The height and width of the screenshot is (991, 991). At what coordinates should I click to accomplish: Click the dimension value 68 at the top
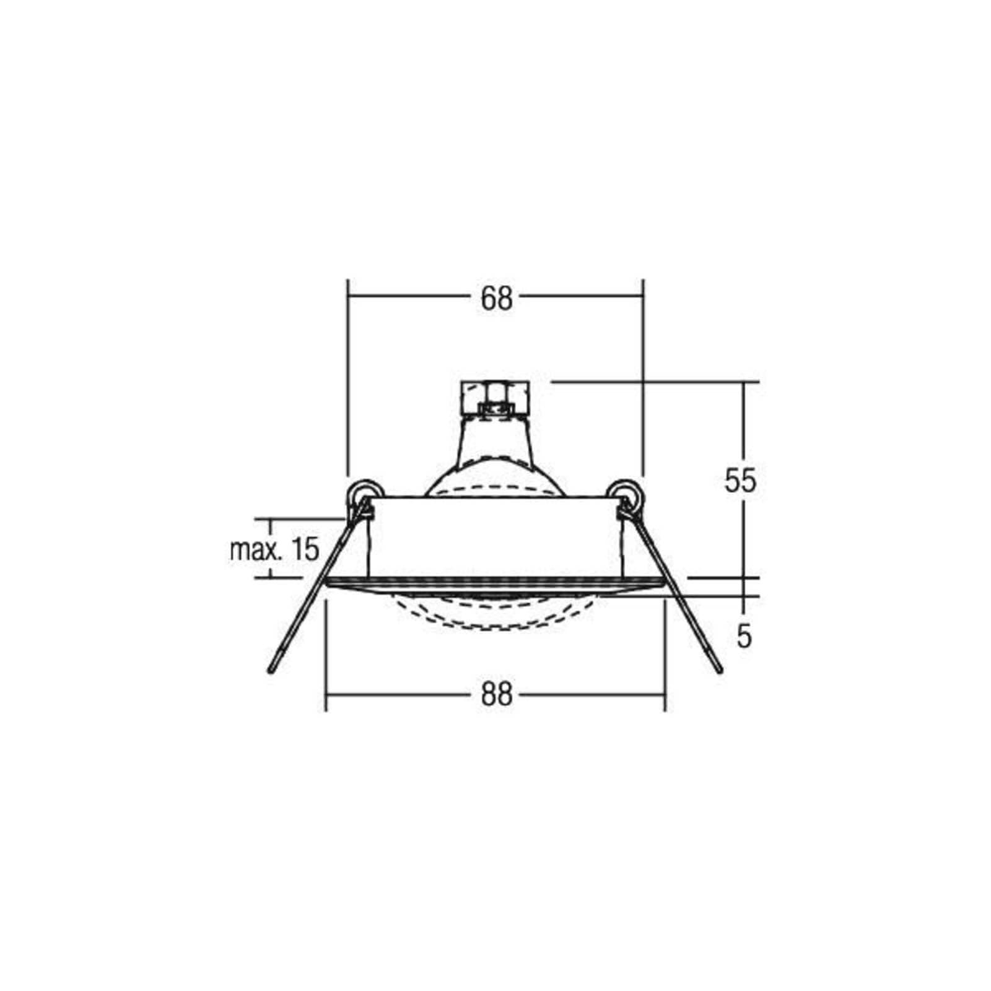click(x=497, y=299)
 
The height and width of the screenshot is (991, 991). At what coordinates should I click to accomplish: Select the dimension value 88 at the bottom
click(x=497, y=695)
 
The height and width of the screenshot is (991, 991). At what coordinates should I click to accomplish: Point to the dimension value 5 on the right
click(x=744, y=636)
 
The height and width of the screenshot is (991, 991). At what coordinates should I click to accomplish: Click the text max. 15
click(x=274, y=549)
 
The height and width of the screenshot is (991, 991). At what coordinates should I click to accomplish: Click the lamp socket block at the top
click(x=495, y=398)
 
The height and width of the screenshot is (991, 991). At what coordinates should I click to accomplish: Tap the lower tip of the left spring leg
click(x=270, y=670)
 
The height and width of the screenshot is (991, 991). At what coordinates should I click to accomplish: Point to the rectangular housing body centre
click(x=495, y=536)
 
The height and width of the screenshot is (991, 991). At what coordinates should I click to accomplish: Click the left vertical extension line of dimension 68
click(x=349, y=384)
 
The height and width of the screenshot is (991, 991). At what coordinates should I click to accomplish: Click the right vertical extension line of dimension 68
click(x=643, y=384)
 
